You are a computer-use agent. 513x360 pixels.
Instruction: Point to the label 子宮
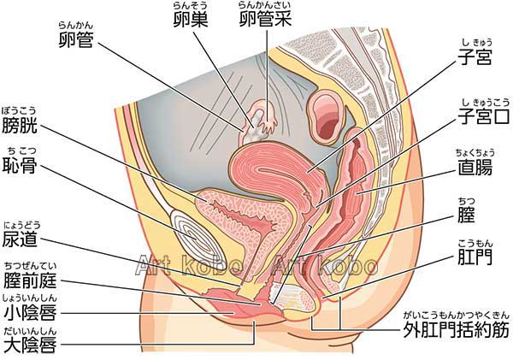(x=475, y=60)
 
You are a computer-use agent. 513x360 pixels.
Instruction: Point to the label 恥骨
(x=21, y=165)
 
